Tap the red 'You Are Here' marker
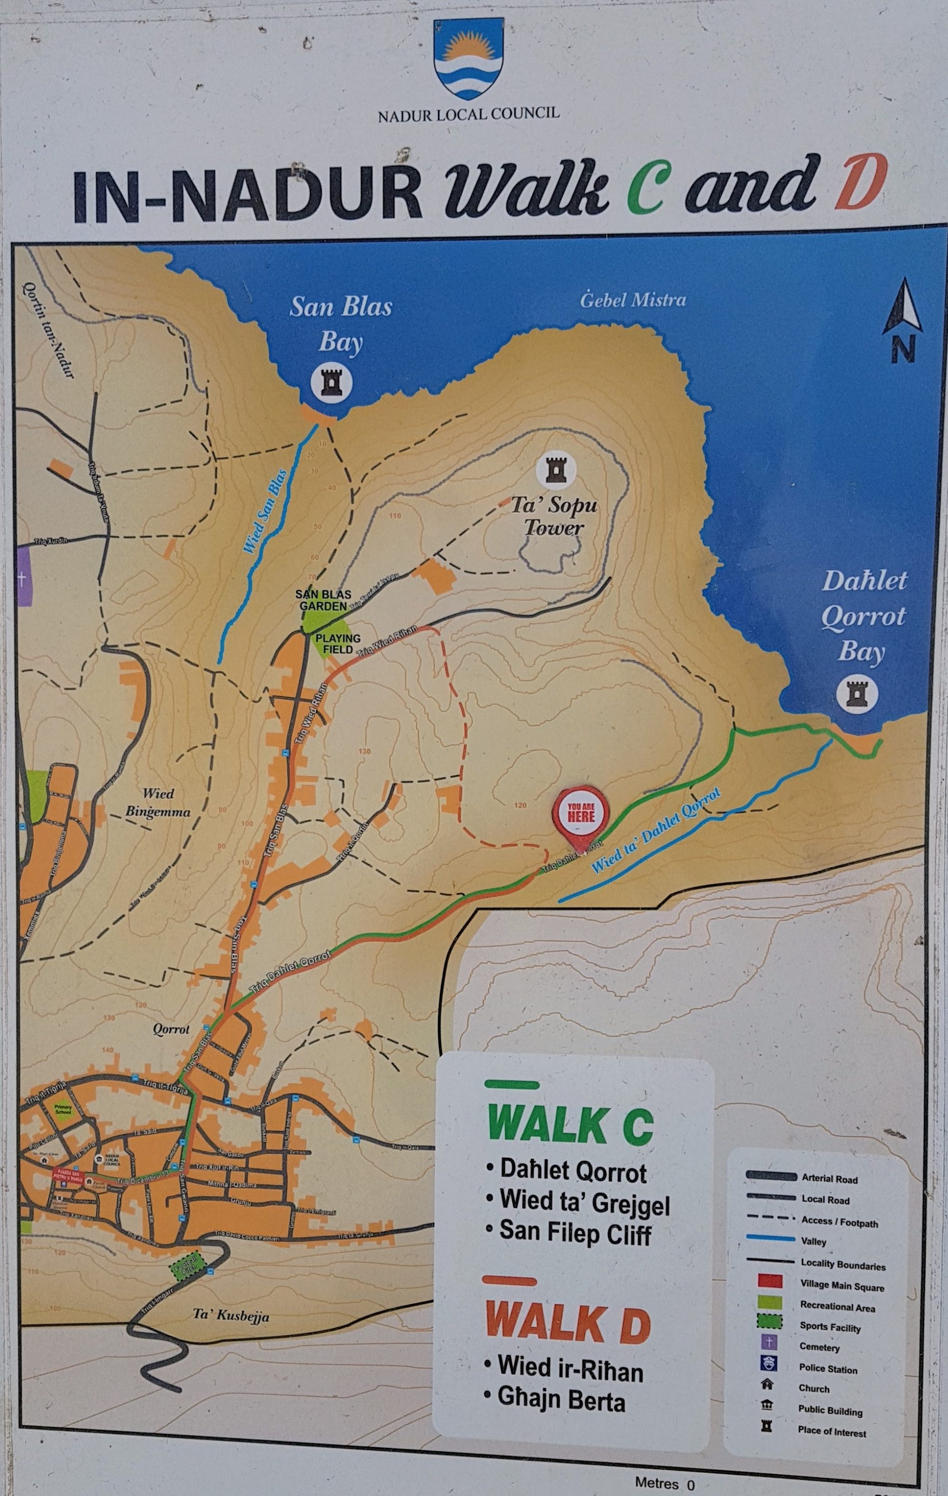coord(581,814)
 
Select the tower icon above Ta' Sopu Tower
coord(556,470)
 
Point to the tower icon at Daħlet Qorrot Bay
coord(857,693)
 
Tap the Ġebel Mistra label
coord(633,301)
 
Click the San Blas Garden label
coord(323,600)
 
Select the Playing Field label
coord(338,644)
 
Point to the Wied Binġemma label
coord(158,802)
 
